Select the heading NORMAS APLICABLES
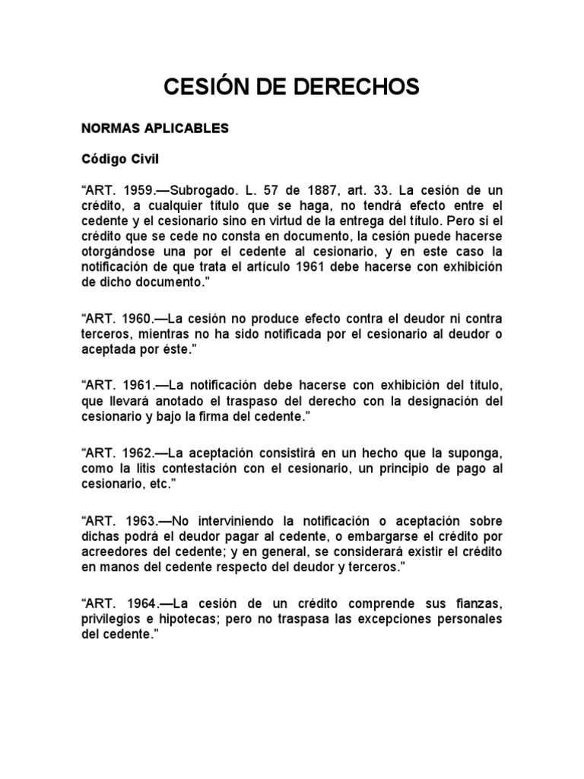[155, 129]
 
